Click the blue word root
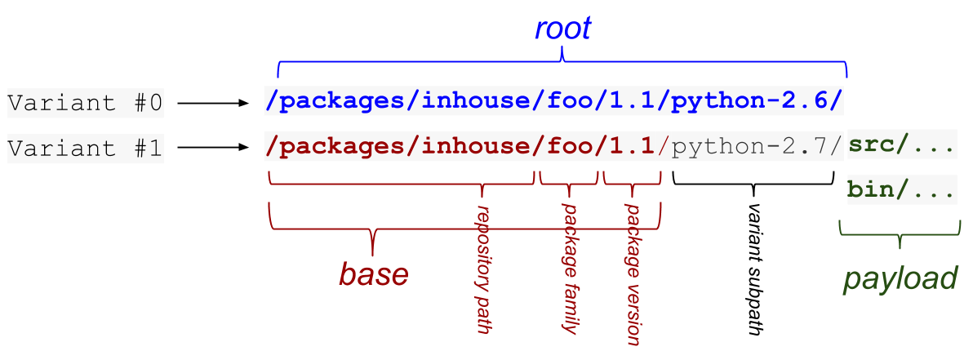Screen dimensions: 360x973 tap(562, 29)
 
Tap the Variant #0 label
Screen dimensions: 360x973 tap(85, 104)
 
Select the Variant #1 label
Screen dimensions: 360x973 tap(85, 149)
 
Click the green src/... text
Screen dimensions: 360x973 tap(902, 146)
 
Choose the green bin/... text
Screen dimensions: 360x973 tap(902, 190)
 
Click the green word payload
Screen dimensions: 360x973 tap(900, 278)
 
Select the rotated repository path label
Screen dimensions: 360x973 tap(483, 269)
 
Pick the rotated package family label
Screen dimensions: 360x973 tap(570, 269)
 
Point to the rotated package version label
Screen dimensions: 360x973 tap(633, 273)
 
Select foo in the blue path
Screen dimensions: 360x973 tap(569, 102)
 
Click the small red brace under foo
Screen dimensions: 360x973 tap(569, 179)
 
